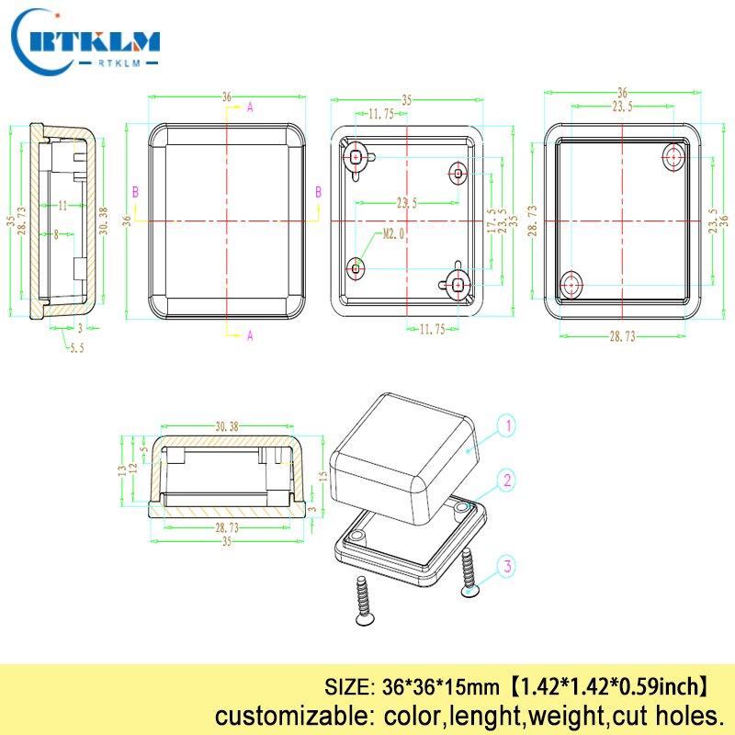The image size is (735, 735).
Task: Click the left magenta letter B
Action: [x=136, y=192]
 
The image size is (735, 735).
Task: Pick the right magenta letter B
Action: [x=319, y=192]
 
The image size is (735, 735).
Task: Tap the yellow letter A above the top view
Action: [x=250, y=107]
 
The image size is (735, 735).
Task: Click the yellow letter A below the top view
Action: [x=250, y=336]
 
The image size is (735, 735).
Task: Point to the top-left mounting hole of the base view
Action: [x=356, y=158]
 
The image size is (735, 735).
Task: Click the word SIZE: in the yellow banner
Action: [x=347, y=685]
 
